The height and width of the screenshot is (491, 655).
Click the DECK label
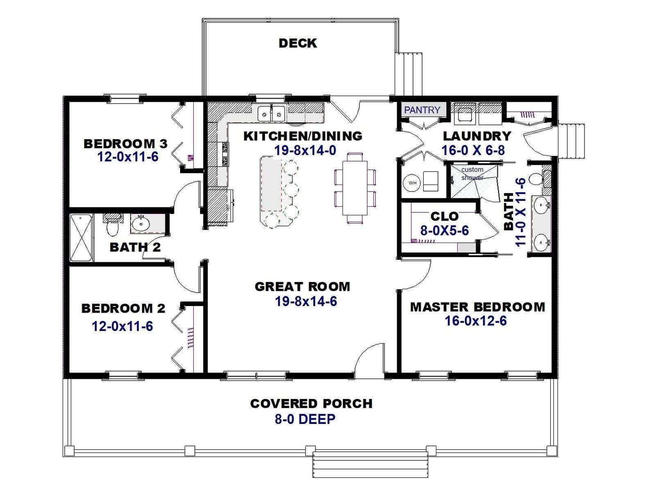pyautogui.click(x=298, y=43)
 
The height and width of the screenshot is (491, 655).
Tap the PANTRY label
pyautogui.click(x=422, y=110)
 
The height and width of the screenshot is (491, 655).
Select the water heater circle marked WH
pyautogui.click(x=412, y=182)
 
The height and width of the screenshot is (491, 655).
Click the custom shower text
pyautogui.click(x=472, y=173)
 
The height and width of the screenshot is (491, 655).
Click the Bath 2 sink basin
pyautogui.click(x=141, y=223)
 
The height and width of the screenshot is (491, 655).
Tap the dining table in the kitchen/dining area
pyautogui.click(x=355, y=187)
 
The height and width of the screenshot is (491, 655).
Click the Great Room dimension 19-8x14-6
pyautogui.click(x=305, y=301)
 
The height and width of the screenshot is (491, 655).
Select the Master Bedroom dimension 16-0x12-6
pyautogui.click(x=476, y=321)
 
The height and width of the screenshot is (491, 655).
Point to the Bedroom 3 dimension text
pyautogui.click(x=128, y=157)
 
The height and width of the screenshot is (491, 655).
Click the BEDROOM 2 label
pyautogui.click(x=123, y=308)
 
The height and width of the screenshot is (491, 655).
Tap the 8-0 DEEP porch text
pyautogui.click(x=305, y=419)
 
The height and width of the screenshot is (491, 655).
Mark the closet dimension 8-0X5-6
pyautogui.click(x=444, y=230)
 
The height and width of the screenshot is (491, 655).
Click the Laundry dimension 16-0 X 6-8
pyautogui.click(x=473, y=150)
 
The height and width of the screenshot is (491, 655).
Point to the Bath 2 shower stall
pyautogui.click(x=81, y=237)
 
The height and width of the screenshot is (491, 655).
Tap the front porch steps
pyautogui.click(x=370, y=466)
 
